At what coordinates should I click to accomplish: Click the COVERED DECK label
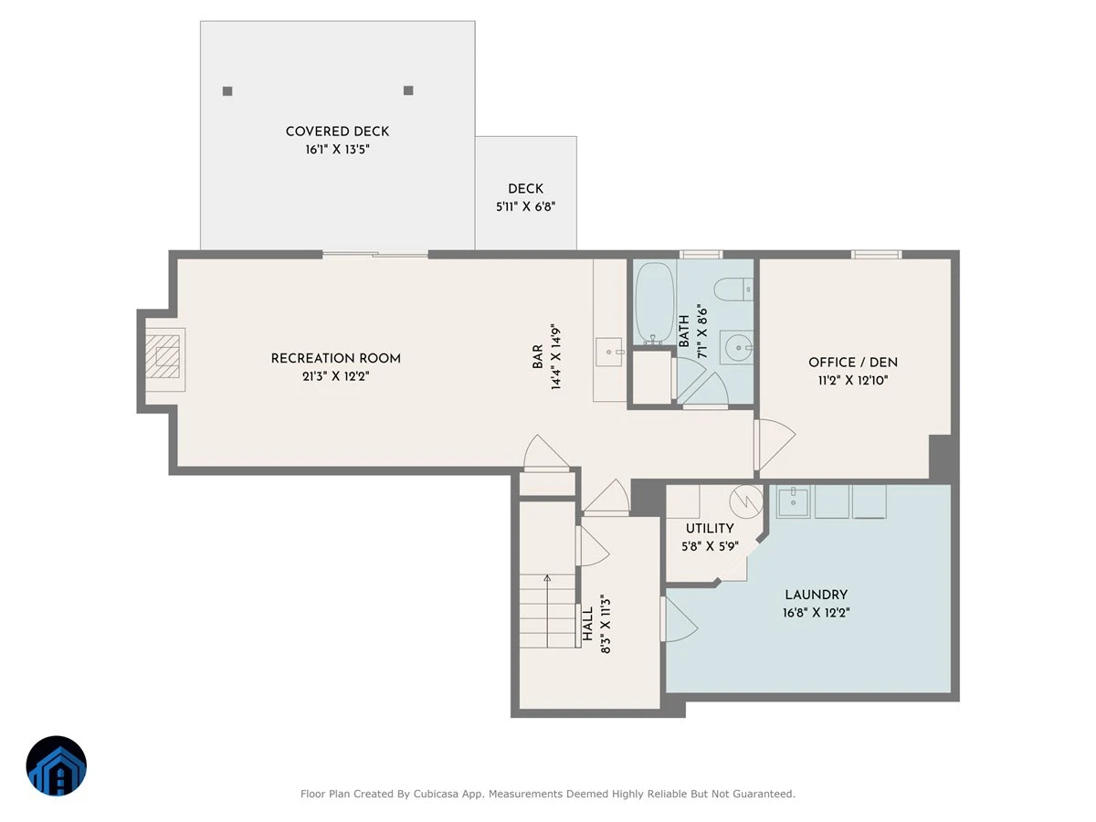click(x=337, y=132)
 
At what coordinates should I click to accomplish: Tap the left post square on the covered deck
click(x=227, y=90)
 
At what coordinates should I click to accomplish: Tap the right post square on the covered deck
click(x=408, y=90)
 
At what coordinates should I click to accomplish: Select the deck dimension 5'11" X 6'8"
click(x=525, y=206)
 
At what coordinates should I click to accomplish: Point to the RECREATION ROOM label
click(x=335, y=358)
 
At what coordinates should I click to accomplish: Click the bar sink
click(x=609, y=352)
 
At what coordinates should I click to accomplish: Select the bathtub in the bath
click(x=654, y=303)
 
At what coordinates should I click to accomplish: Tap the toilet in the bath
click(x=733, y=290)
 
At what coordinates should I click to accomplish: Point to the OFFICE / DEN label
click(x=853, y=363)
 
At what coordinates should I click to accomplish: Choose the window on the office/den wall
click(x=876, y=255)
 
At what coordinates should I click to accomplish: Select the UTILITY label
click(x=710, y=528)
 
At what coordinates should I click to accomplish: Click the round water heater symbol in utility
click(x=746, y=501)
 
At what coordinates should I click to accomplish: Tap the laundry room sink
click(x=793, y=501)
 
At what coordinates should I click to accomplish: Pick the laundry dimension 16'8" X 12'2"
click(x=816, y=612)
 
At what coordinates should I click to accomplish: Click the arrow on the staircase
click(x=547, y=611)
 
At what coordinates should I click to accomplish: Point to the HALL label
click(x=587, y=624)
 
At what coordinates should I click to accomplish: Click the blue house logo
click(x=57, y=765)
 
